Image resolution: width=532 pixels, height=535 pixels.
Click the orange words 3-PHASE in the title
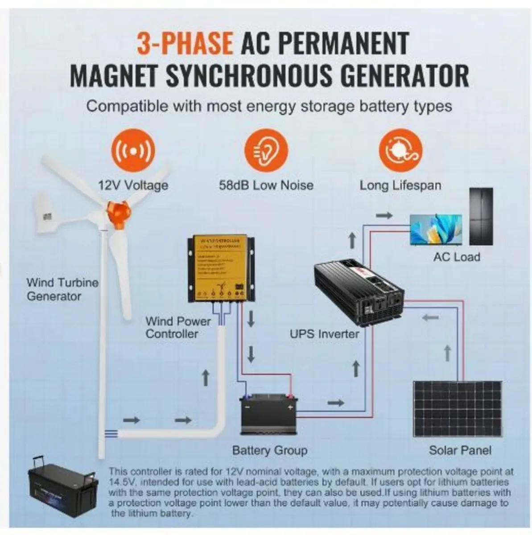185,43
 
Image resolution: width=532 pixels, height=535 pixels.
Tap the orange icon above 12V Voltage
133,151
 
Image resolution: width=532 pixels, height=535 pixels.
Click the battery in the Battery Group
268,414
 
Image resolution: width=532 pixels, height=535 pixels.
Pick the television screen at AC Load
436,229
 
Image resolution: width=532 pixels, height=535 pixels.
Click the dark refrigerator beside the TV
481,216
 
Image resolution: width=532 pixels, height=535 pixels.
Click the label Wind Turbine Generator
62,289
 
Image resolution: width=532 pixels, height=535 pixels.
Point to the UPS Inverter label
324,334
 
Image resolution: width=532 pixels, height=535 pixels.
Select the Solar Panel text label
460,450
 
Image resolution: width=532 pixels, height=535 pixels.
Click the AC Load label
456,257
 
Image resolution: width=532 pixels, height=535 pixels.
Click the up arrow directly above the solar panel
447,354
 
